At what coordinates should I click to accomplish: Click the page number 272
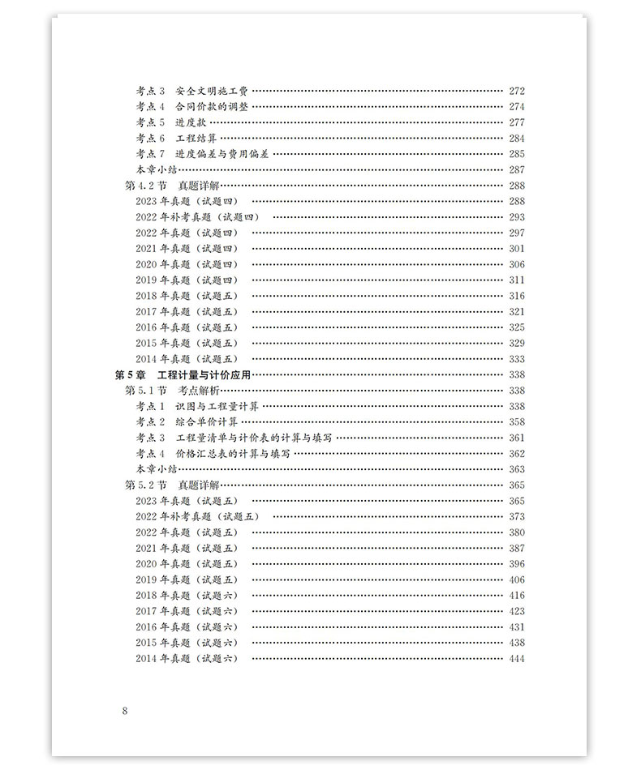(516, 91)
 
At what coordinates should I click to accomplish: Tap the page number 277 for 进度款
(516, 122)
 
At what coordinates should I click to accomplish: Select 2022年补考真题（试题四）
(203, 217)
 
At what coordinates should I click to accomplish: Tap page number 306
(516, 264)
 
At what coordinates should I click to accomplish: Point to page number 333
(516, 359)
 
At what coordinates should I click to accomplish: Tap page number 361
(516, 438)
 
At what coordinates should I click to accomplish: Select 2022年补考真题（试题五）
(203, 516)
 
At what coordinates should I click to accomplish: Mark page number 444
(516, 658)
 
